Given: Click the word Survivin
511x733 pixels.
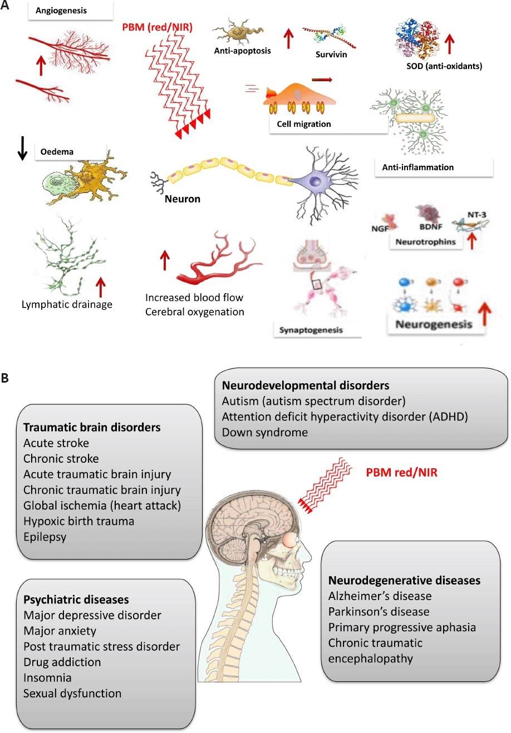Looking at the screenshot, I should [331, 55].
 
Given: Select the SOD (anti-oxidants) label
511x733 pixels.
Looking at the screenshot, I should [444, 66].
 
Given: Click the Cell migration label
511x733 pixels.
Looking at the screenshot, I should [304, 124].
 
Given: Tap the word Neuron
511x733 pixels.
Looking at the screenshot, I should [183, 199].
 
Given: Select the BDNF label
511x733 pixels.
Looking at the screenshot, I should [430, 227].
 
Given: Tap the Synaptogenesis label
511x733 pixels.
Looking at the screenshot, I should [311, 330].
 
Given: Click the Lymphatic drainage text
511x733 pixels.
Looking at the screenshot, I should [67, 304].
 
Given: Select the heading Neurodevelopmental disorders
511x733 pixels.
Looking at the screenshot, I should [306, 385].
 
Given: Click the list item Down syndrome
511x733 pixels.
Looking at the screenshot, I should [264, 432].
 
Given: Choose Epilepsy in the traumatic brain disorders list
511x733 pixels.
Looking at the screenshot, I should [45, 537].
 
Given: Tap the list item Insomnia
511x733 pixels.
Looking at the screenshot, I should [47, 678].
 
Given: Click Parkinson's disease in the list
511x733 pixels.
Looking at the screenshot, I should [379, 612].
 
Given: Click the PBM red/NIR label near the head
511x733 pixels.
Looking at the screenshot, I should [401, 473].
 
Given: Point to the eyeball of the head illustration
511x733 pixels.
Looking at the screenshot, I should [289, 539].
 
